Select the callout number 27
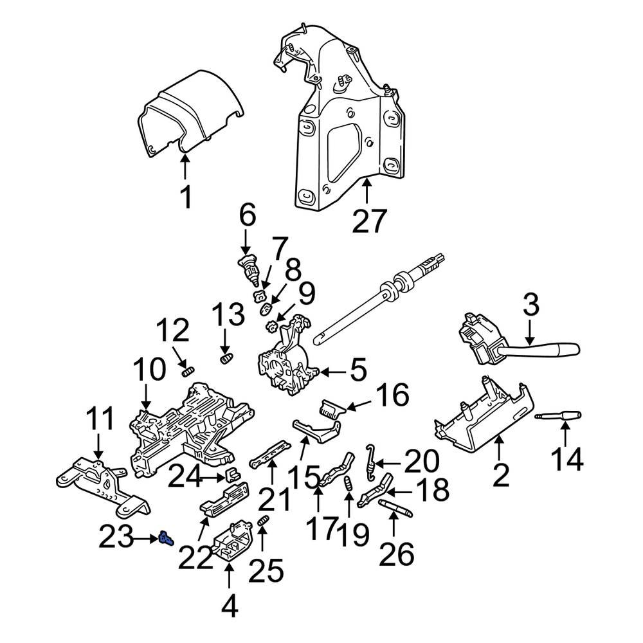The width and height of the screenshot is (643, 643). pyautogui.click(x=369, y=222)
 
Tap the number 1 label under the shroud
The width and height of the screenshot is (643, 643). pyautogui.click(x=185, y=197)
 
